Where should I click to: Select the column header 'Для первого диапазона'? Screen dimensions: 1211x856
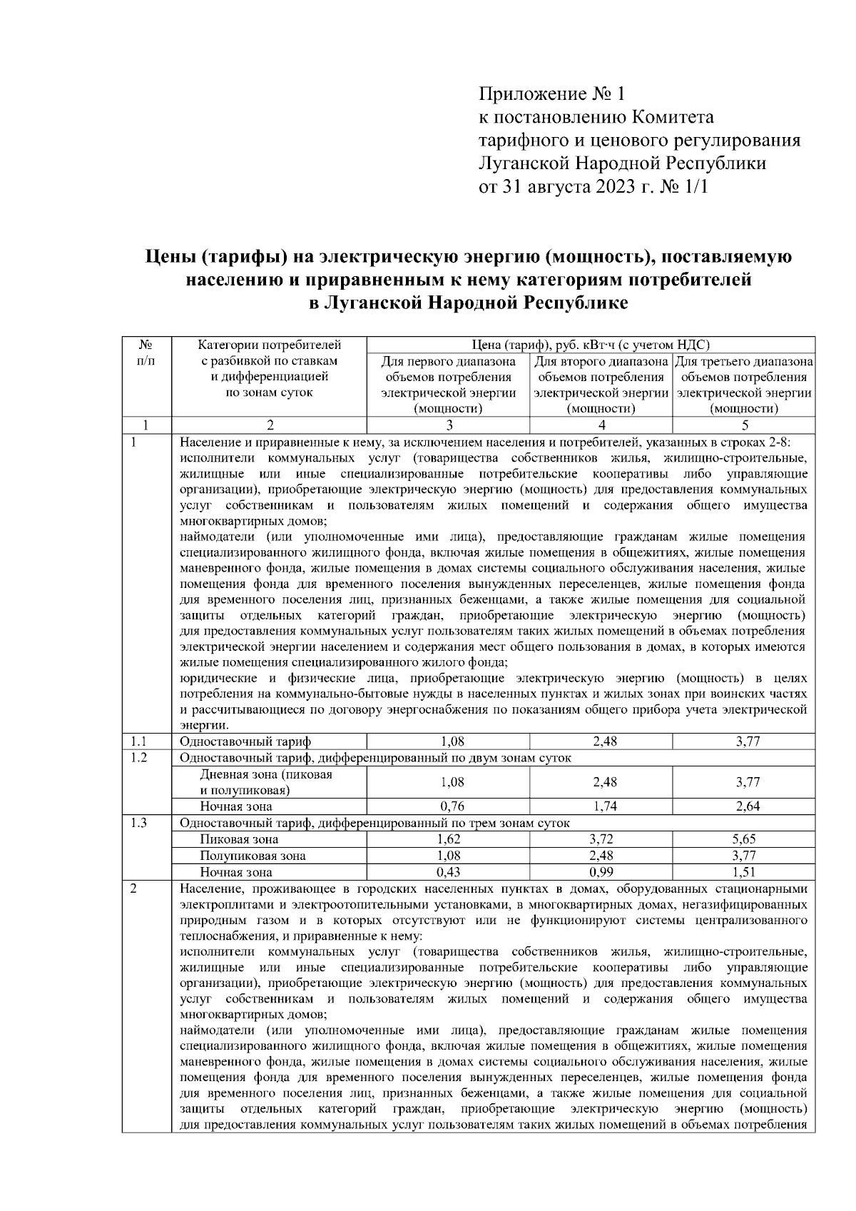(x=448, y=362)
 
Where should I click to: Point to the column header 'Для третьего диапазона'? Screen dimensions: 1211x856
(x=744, y=362)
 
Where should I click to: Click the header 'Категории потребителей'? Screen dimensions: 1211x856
(x=269, y=345)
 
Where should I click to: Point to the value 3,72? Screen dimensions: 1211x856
(x=601, y=839)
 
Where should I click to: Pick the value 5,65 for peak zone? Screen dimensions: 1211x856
(x=745, y=839)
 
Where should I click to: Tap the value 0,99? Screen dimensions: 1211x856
(x=601, y=872)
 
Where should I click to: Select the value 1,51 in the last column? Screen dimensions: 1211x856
(x=745, y=872)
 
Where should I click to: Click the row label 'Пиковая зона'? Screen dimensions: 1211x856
(x=239, y=839)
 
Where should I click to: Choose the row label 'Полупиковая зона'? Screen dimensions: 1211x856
(x=253, y=856)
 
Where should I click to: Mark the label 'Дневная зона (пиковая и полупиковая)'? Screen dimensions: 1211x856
(x=265, y=782)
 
